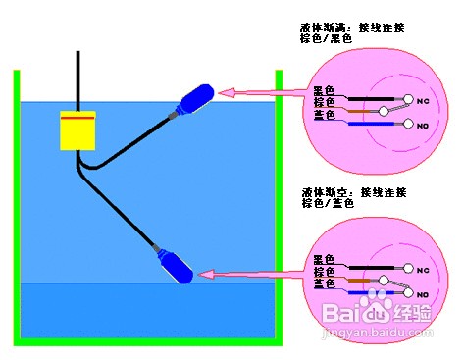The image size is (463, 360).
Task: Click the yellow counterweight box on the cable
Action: (x=77, y=130)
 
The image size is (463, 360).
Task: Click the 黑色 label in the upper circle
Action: (x=324, y=88)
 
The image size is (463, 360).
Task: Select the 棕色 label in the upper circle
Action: (x=324, y=101)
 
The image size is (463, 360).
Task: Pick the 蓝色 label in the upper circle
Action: (x=324, y=114)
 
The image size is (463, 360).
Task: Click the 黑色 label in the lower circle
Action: (x=324, y=259)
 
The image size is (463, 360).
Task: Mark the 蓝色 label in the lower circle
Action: (x=324, y=283)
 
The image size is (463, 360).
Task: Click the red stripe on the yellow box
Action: (x=77, y=118)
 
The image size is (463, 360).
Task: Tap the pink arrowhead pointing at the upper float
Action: (x=226, y=93)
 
